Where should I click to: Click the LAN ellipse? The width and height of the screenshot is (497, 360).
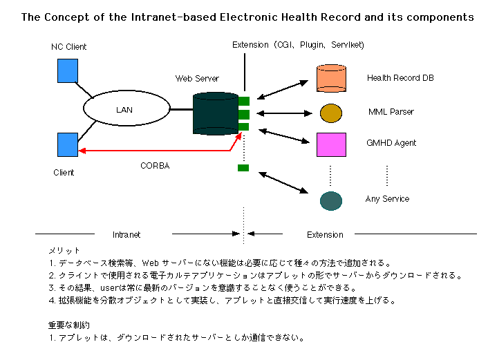point(126,109)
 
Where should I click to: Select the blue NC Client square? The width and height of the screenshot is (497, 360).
point(68,70)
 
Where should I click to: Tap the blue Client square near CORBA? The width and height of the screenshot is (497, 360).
point(68,144)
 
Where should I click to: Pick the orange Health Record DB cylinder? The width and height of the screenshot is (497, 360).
point(331,78)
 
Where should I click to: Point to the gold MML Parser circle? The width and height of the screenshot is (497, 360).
point(331,113)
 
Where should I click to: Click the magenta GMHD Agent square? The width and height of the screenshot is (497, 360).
point(331,144)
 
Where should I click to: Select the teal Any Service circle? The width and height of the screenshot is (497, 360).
point(332,200)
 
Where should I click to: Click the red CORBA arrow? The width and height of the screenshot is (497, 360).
point(159,150)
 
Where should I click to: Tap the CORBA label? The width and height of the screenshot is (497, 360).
point(155,166)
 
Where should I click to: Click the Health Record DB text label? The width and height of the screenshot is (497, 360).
point(400,78)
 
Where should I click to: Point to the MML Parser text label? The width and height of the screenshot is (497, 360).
point(391,111)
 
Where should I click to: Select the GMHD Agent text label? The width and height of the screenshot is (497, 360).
point(391,143)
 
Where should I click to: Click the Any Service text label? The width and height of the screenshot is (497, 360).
point(387,199)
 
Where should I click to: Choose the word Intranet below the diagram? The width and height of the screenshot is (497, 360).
point(126,235)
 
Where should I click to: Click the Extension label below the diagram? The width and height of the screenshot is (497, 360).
point(325,235)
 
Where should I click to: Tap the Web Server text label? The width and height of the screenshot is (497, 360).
point(197,79)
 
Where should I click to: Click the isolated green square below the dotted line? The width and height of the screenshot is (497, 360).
point(243,167)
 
